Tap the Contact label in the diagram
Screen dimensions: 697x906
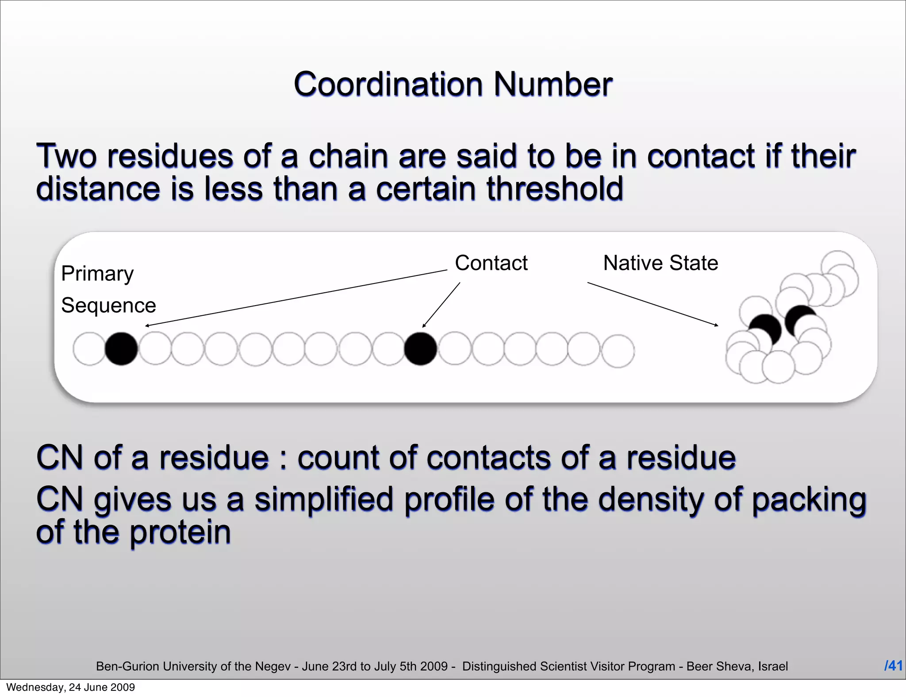(x=491, y=263)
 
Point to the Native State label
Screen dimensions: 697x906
(x=660, y=263)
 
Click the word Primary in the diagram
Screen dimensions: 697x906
(x=97, y=274)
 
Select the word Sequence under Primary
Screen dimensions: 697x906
(x=108, y=306)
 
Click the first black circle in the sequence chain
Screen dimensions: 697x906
(x=121, y=349)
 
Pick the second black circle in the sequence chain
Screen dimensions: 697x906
(x=420, y=349)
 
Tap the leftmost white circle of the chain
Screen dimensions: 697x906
(x=89, y=349)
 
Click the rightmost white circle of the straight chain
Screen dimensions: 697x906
(x=618, y=351)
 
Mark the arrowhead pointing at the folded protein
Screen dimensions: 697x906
(x=716, y=325)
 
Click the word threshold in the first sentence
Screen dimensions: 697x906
(x=555, y=189)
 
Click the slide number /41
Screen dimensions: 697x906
(x=893, y=666)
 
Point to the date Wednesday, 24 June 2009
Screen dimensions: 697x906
(x=70, y=687)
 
